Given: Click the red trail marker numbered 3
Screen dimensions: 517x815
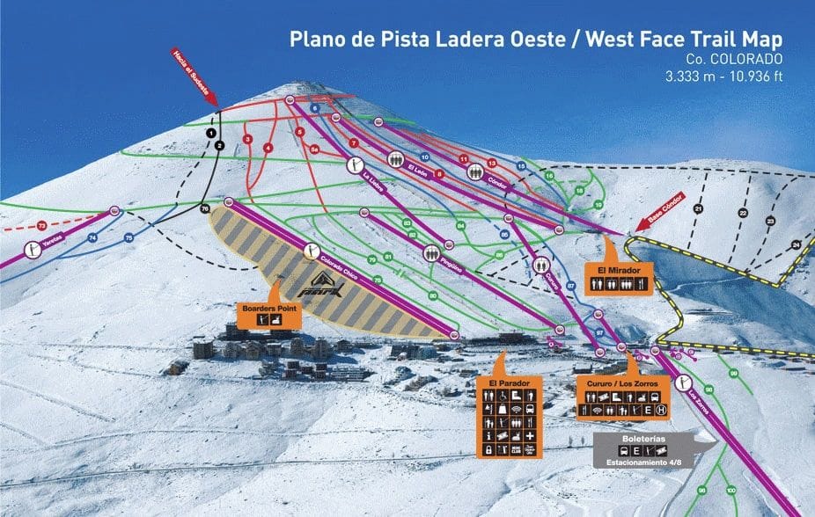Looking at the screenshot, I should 248,139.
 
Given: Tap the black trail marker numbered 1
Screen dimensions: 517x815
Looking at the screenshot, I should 210,132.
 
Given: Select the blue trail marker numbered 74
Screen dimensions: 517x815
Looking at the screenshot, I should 92,238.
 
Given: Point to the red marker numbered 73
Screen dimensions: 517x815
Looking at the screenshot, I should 41,226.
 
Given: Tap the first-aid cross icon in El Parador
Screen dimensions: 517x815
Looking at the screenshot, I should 530,436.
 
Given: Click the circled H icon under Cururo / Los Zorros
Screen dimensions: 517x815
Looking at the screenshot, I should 661,411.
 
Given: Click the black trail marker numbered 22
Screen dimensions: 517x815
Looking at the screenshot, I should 743,213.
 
